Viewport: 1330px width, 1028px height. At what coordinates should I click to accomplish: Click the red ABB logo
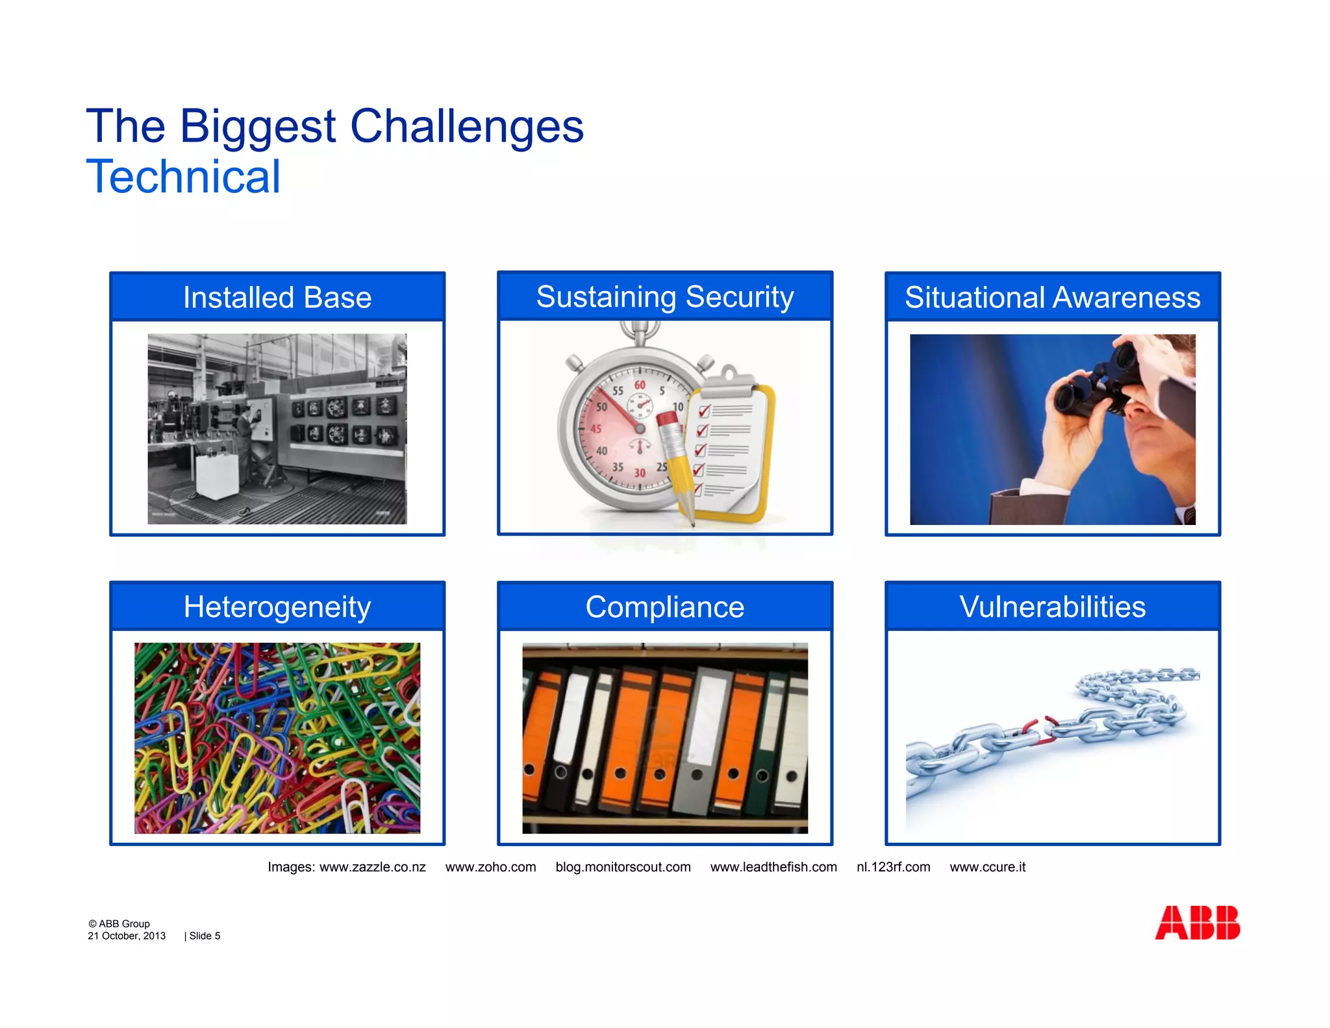coord(1197,923)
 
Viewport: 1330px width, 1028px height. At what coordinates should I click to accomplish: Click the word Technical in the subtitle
coord(183,177)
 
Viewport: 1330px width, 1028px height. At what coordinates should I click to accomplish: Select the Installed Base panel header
coord(277,298)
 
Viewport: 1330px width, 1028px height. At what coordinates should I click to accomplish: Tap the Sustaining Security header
coord(665,297)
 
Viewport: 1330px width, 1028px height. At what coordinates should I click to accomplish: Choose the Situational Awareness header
coord(1052,298)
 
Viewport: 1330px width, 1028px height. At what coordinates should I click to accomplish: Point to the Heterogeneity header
coord(277,607)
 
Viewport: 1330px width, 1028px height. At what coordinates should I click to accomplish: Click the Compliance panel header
coord(665,607)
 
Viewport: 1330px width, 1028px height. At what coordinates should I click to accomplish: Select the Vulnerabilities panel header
coord(1052,607)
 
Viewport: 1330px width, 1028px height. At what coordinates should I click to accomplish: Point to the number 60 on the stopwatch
coord(640,385)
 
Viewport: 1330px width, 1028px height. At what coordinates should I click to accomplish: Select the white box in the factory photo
coord(217,476)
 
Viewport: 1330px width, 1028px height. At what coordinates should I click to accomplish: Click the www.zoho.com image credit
coord(490,867)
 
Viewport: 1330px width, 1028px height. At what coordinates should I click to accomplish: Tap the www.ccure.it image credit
coord(987,867)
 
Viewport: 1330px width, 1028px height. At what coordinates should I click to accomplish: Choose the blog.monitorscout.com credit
coord(623,867)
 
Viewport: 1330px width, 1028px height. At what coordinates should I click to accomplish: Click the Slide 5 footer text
coord(204,936)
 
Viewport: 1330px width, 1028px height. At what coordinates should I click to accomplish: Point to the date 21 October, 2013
coord(127,936)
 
